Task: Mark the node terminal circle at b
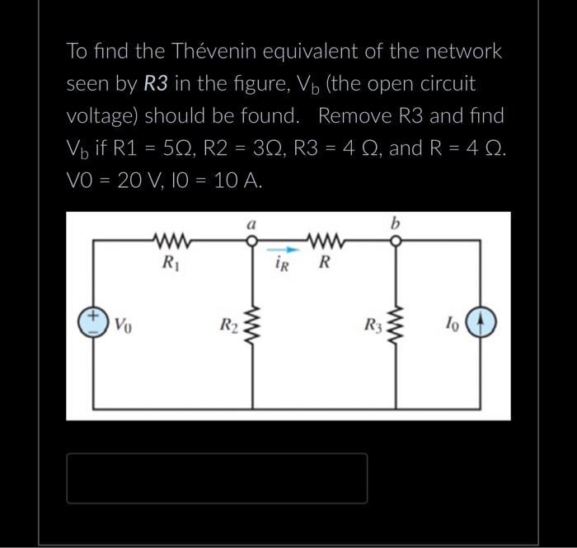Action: pos(396,241)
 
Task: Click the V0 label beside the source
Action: pos(122,322)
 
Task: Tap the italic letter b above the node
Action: pos(396,223)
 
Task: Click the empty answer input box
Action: pos(217,478)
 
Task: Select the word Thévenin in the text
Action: pos(216,51)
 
